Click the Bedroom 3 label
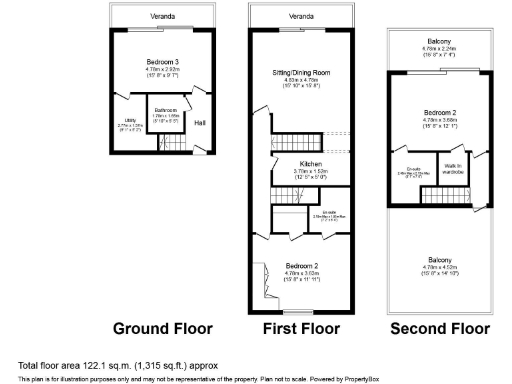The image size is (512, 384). click(161, 61)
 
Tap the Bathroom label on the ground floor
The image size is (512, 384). click(165, 109)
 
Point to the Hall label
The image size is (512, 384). click(199, 123)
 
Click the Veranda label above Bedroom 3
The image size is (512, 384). click(162, 17)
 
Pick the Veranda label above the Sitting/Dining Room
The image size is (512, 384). click(299, 17)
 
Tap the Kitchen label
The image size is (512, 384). click(310, 163)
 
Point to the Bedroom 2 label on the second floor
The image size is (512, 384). click(440, 111)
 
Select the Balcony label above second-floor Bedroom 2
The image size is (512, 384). click(439, 40)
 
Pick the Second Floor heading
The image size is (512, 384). click(440, 329)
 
